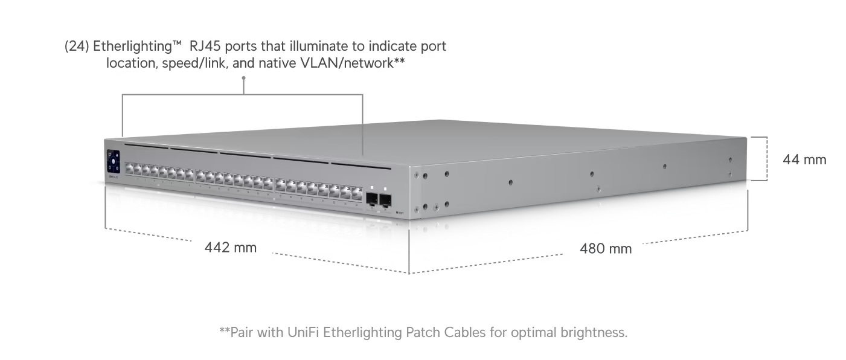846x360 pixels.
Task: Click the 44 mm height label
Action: (x=804, y=160)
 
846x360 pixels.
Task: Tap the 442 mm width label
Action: (x=230, y=247)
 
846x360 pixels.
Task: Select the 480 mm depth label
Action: (x=606, y=248)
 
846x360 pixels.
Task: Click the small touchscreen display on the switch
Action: (x=114, y=161)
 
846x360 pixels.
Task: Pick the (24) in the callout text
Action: (x=77, y=47)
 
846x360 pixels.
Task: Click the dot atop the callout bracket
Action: (x=243, y=94)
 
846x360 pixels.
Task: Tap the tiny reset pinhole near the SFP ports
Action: (x=396, y=213)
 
